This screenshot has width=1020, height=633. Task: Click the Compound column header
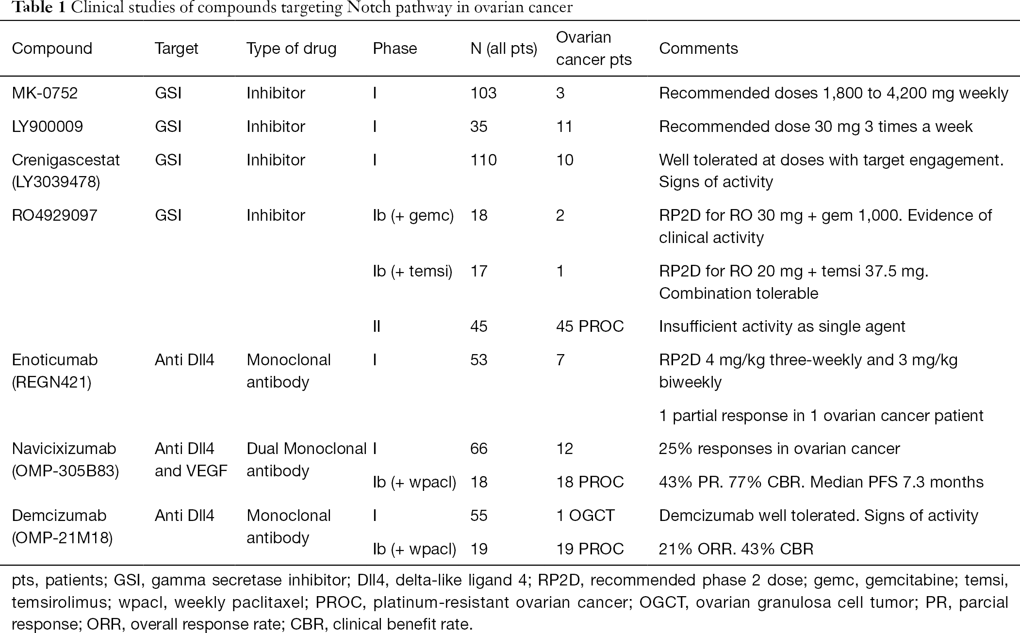pyautogui.click(x=52, y=49)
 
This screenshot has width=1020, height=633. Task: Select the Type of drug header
pyautogui.click(x=291, y=49)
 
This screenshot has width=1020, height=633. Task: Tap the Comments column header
pyautogui.click(x=698, y=49)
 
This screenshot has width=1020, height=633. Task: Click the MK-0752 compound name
pyautogui.click(x=45, y=93)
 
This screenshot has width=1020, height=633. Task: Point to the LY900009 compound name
pyautogui.click(x=47, y=126)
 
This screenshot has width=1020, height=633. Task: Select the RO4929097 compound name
pyautogui.click(x=54, y=215)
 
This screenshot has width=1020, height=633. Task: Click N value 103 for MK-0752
pyautogui.click(x=483, y=93)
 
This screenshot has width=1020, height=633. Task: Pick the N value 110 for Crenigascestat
pyautogui.click(x=483, y=160)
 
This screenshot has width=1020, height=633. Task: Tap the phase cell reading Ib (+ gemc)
pyautogui.click(x=413, y=215)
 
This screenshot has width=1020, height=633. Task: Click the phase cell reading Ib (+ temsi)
pyautogui.click(x=412, y=271)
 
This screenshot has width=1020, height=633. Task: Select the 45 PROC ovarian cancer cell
pyautogui.click(x=590, y=326)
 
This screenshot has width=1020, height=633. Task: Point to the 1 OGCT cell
pyautogui.click(x=586, y=515)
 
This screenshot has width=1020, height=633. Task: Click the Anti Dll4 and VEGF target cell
pyautogui.click(x=191, y=459)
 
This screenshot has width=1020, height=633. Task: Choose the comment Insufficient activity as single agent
pyautogui.click(x=782, y=326)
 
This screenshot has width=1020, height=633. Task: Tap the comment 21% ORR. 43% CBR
pyautogui.click(x=736, y=549)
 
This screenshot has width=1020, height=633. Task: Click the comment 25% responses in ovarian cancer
pyautogui.click(x=779, y=449)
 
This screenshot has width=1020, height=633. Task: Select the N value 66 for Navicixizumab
pyautogui.click(x=478, y=448)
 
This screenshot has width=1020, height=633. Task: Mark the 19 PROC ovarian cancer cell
pyautogui.click(x=590, y=549)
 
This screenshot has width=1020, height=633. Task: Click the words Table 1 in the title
pyautogui.click(x=39, y=8)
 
